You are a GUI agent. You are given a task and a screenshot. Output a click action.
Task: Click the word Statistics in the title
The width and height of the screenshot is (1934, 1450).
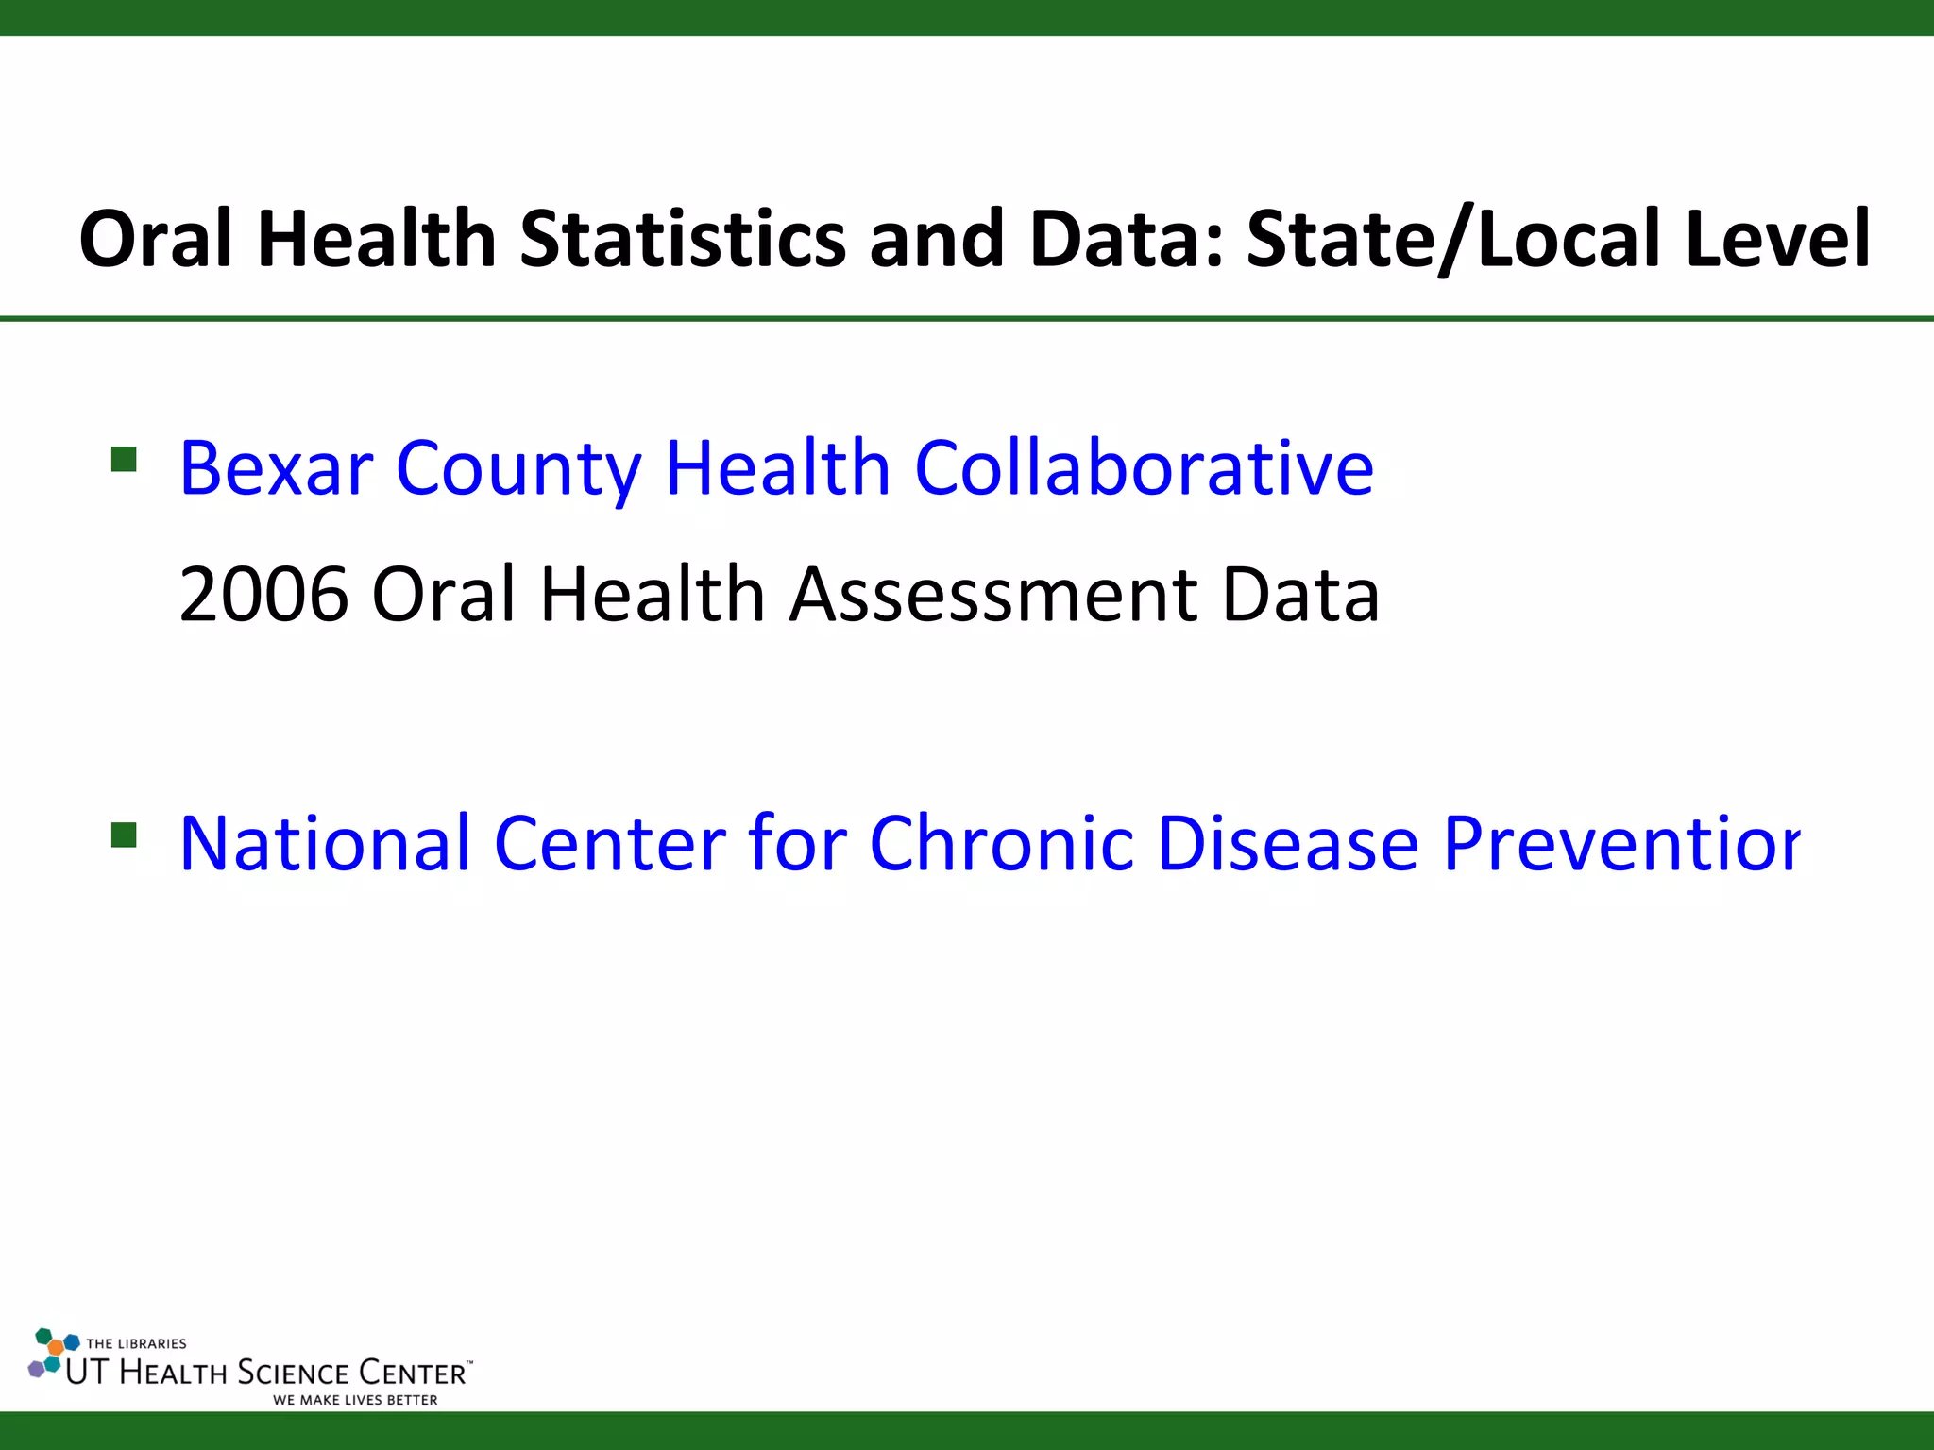pos(683,239)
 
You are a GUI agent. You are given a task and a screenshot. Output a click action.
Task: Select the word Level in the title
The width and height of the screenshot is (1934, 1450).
pos(1777,239)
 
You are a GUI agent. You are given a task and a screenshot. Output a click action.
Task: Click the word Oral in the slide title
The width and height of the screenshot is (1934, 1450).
pos(156,239)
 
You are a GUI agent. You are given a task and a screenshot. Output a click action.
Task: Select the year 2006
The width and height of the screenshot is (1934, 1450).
pos(263,595)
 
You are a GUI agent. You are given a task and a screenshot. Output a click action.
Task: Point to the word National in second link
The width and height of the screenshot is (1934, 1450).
pos(324,843)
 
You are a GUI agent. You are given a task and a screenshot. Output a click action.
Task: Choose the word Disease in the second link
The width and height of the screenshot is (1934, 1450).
pos(1288,843)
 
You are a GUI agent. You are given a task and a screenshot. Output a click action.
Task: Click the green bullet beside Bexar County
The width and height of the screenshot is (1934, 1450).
pos(124,460)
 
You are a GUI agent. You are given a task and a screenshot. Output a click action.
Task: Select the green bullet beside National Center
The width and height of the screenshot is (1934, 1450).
pos(124,835)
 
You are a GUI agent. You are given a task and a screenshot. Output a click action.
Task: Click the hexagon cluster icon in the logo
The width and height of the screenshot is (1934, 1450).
pos(52,1354)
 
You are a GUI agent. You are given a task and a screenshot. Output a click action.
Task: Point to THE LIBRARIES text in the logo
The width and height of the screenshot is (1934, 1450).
pos(136,1343)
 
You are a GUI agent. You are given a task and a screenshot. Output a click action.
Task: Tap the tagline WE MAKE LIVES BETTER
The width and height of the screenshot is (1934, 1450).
pos(355,1400)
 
